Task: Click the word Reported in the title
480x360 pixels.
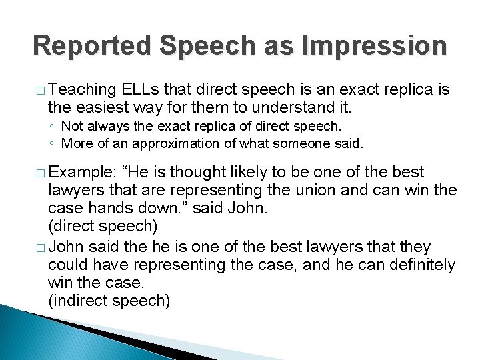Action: [x=81, y=45]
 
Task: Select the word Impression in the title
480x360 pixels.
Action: [x=375, y=45]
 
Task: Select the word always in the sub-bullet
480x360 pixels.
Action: [x=107, y=125]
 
